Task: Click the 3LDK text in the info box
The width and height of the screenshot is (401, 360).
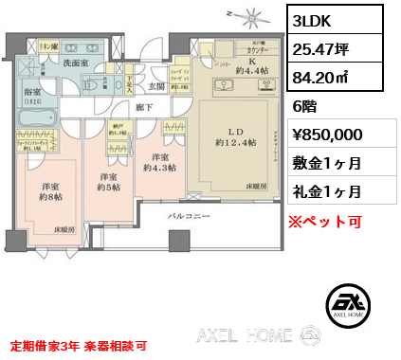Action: [x=315, y=20]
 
